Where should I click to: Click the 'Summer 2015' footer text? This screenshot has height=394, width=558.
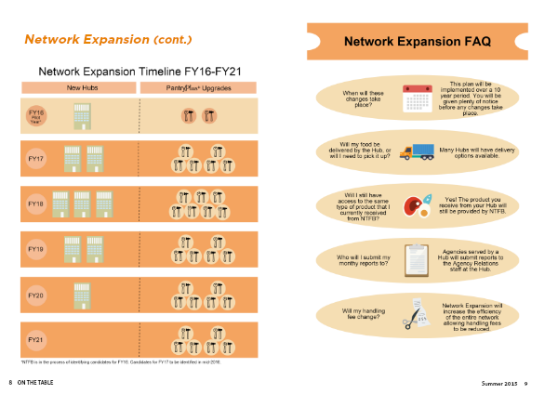(499, 384)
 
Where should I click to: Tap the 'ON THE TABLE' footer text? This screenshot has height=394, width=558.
(35, 384)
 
